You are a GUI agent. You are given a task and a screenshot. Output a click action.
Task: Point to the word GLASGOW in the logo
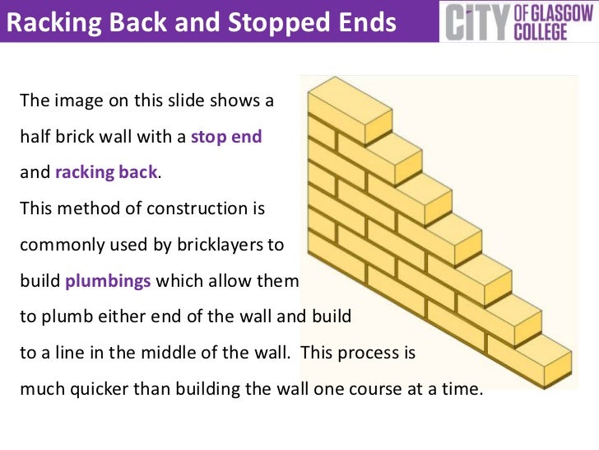pyautogui.click(x=557, y=12)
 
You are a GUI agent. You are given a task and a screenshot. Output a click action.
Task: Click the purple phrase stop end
pyautogui.click(x=226, y=138)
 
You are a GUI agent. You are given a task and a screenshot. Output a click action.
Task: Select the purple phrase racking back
pyautogui.click(x=106, y=173)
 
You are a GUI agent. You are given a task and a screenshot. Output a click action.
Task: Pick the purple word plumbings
pyautogui.click(x=108, y=280)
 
